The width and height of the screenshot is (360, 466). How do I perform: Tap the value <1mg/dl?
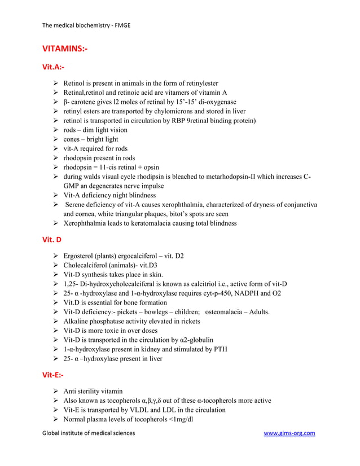177,419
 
